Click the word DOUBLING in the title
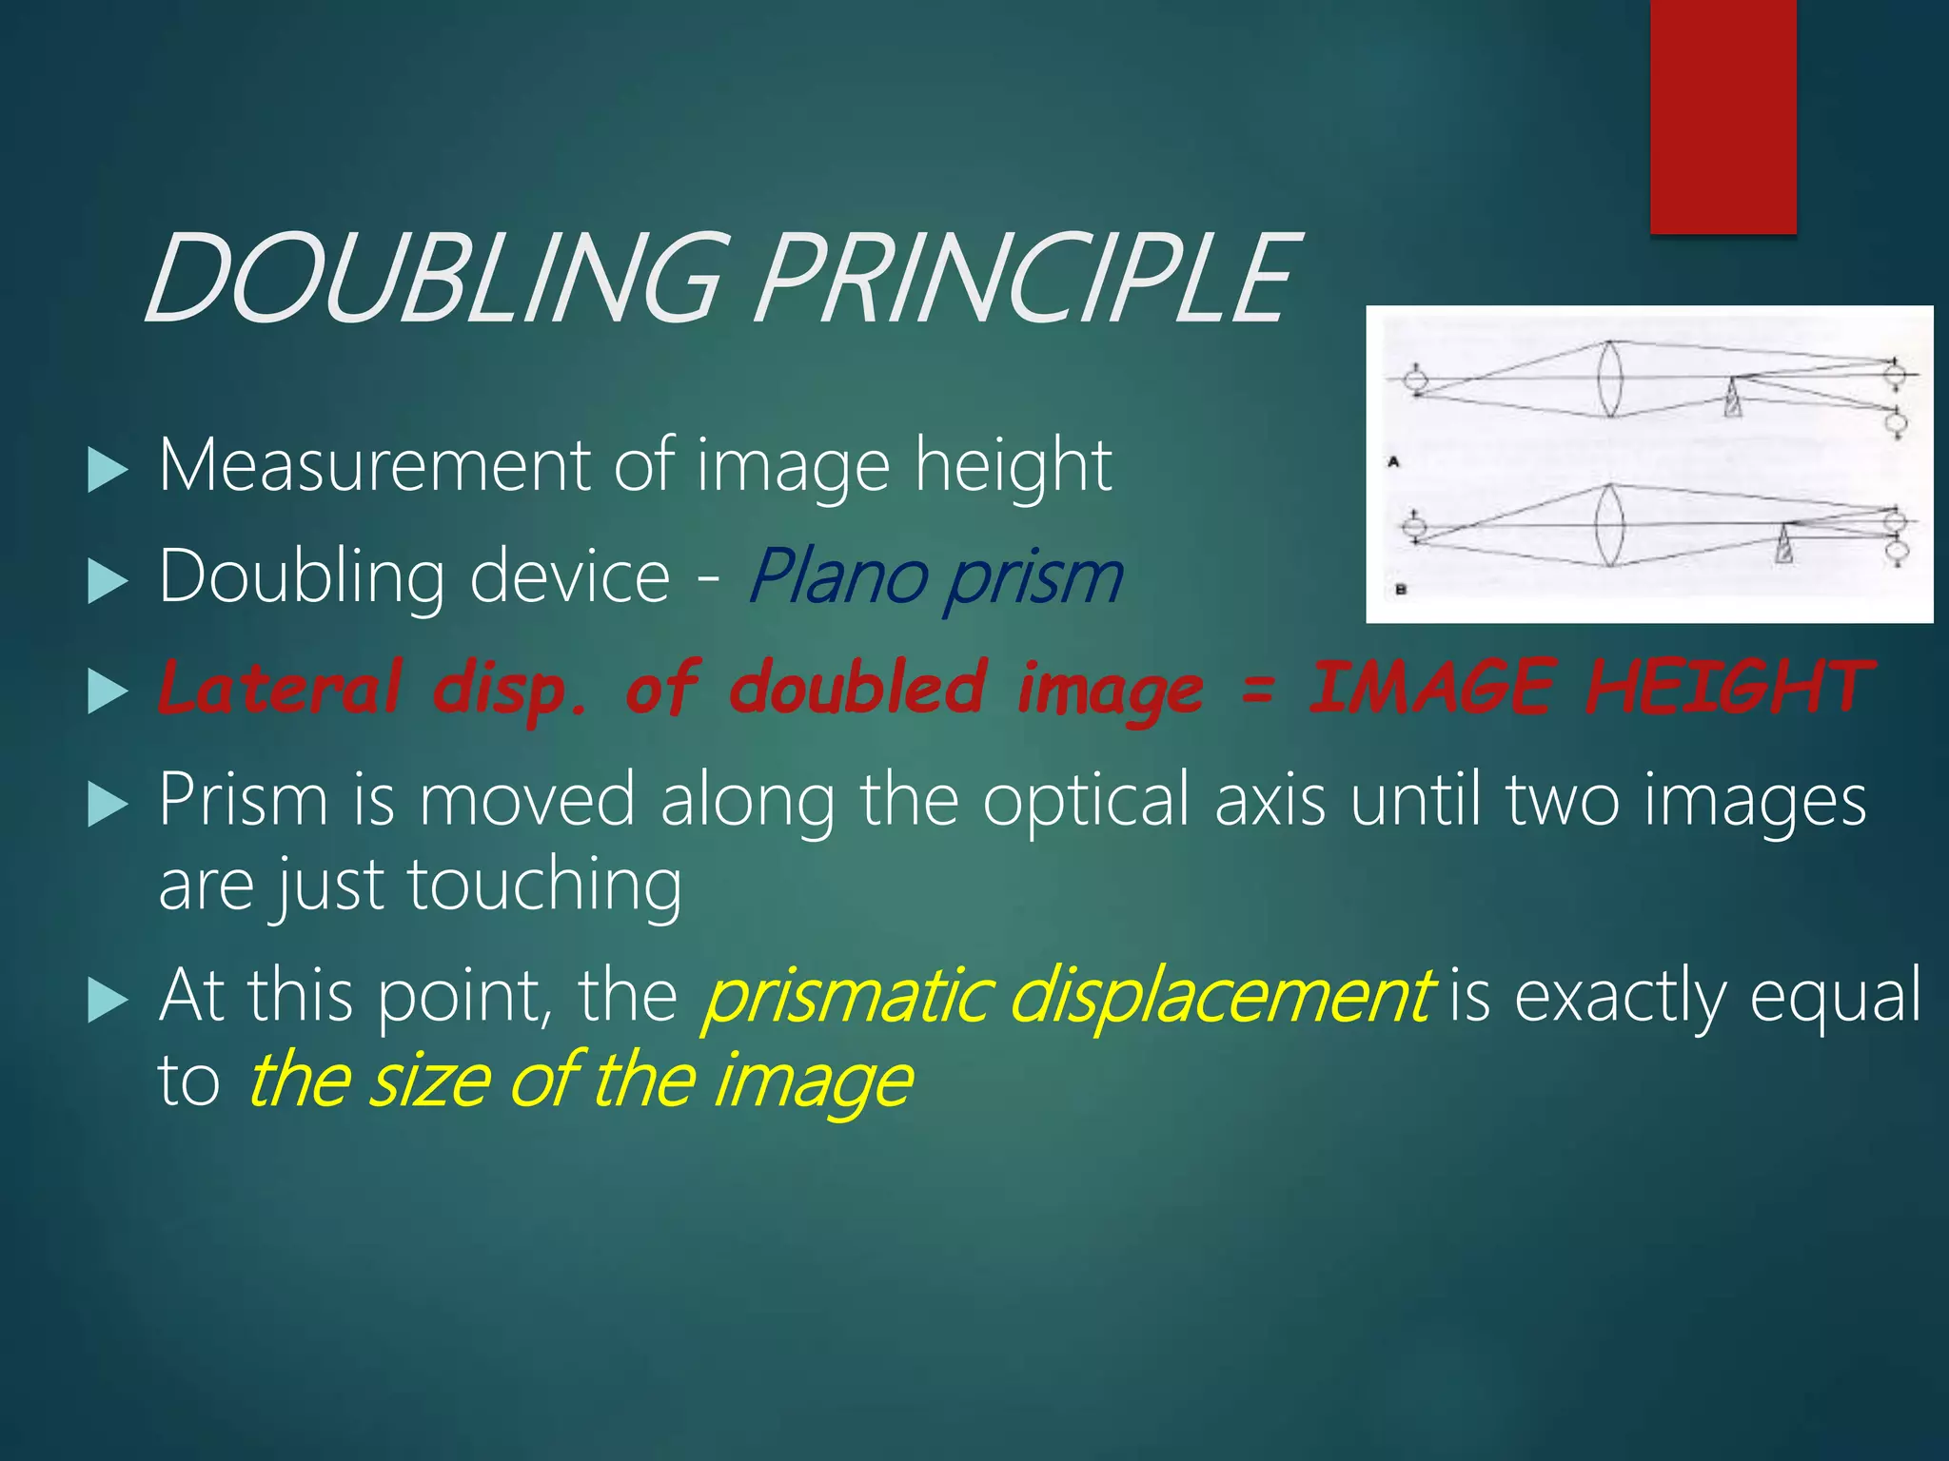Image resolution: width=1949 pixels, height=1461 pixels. click(433, 278)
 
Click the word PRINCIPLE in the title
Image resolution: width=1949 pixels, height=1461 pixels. click(1026, 278)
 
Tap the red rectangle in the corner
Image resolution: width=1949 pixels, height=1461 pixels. click(1723, 116)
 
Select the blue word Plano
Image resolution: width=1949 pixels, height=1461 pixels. click(837, 577)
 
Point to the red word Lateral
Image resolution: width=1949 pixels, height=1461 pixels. click(280, 687)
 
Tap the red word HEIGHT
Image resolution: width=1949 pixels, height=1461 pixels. click(1729, 687)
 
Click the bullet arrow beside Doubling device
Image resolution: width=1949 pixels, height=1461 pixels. click(107, 580)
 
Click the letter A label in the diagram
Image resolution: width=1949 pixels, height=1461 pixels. click(1394, 462)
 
